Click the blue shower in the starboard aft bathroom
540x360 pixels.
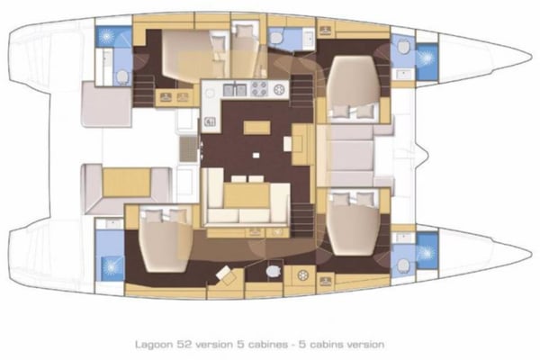point(112,265)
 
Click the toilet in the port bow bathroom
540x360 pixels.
point(404,46)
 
